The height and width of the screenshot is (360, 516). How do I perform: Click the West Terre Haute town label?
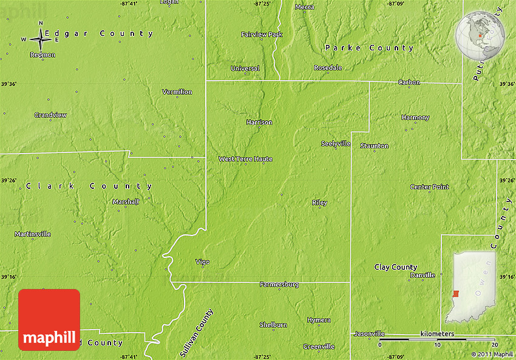point(245,159)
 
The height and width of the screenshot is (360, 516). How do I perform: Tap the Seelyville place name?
point(336,144)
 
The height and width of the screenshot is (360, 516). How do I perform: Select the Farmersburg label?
point(279,285)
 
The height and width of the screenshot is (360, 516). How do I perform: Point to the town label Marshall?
point(126,202)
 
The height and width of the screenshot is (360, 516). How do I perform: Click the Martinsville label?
point(33,234)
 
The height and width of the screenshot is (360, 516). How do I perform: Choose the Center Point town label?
point(429,187)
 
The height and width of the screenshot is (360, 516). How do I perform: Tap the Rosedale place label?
point(328,67)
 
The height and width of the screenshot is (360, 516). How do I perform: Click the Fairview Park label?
point(262,35)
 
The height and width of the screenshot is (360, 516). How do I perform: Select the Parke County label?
point(369,48)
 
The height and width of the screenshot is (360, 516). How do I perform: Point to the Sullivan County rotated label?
point(197,333)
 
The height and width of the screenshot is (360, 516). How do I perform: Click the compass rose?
point(41,39)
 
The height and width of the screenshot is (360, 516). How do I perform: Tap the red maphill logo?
point(49,320)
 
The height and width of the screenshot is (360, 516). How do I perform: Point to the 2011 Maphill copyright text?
point(492,354)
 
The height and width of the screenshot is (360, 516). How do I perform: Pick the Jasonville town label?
point(369,334)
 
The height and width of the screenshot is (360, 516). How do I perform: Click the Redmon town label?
point(42,55)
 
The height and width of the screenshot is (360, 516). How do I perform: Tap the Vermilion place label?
point(177,92)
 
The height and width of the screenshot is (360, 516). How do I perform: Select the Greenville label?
point(318,347)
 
